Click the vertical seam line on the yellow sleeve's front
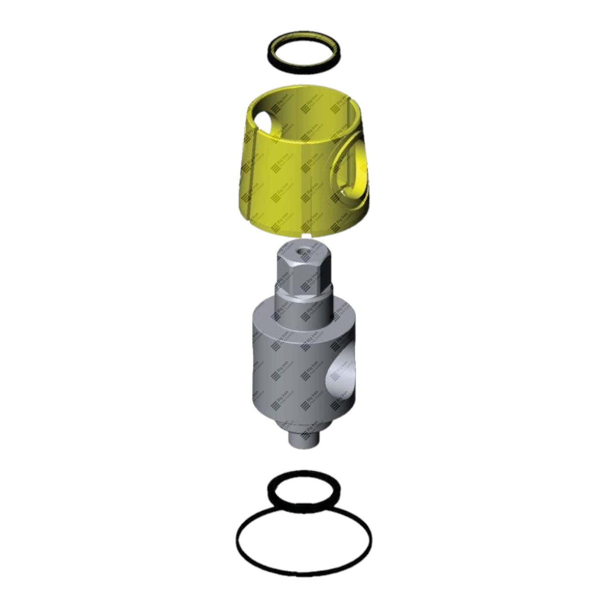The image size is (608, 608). click(313, 190)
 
